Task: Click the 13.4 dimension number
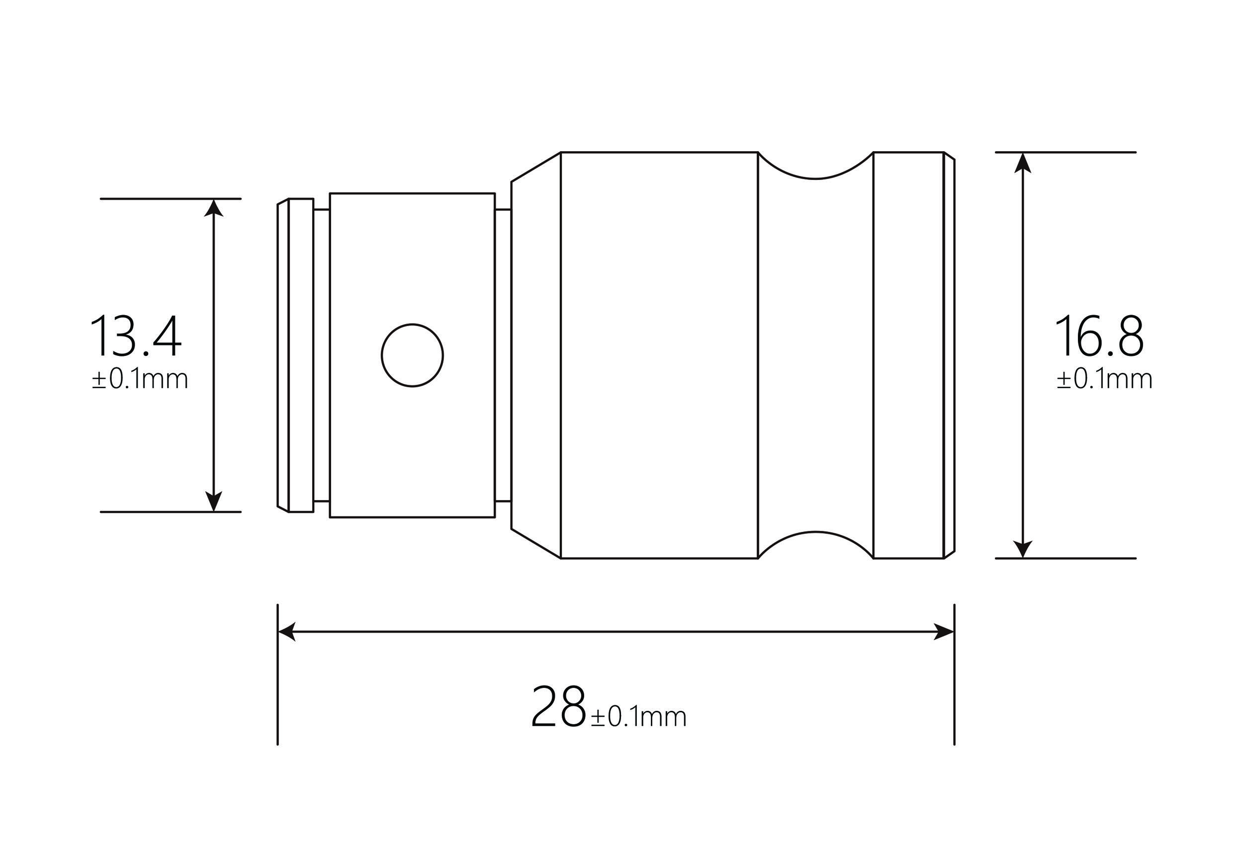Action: click(136, 337)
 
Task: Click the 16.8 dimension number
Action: click(1099, 337)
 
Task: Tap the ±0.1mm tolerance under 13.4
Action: click(140, 380)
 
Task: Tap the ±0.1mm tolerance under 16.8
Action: click(1104, 380)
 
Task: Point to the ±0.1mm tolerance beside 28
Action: click(638, 717)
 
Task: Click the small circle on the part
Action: click(412, 355)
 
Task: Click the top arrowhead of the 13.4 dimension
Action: click(213, 208)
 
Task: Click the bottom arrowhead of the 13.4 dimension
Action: click(213, 502)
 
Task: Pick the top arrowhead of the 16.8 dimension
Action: click(1022, 163)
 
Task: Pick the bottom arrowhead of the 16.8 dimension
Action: click(1022, 549)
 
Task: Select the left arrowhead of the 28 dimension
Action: click(287, 632)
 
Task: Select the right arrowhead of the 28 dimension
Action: click(945, 632)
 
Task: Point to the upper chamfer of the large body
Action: click(535, 167)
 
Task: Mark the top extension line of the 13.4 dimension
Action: click(171, 199)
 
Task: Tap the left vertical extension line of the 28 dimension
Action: click(277, 693)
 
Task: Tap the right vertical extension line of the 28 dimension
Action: click(954, 693)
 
